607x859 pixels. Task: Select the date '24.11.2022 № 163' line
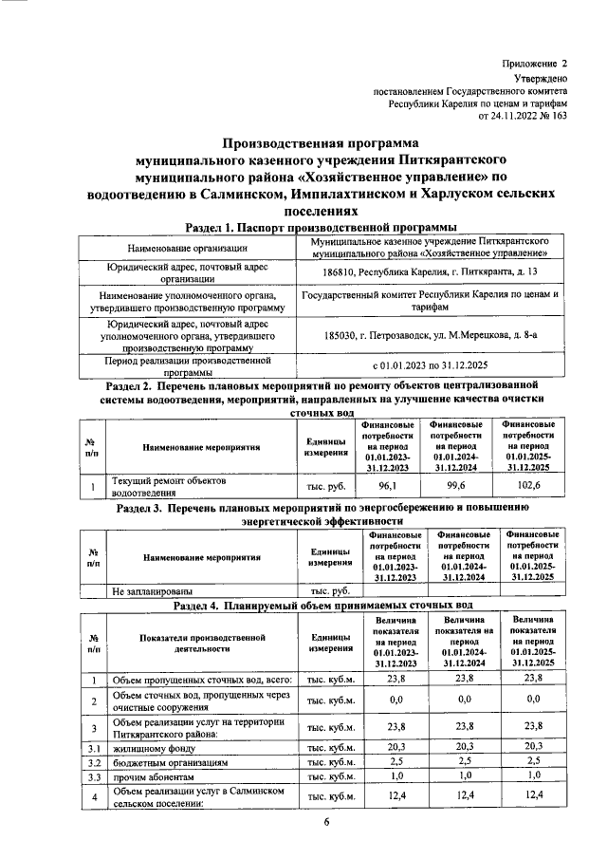[x=521, y=116]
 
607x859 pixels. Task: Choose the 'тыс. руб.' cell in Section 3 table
[x=322, y=590]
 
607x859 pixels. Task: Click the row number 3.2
[x=94, y=762]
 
